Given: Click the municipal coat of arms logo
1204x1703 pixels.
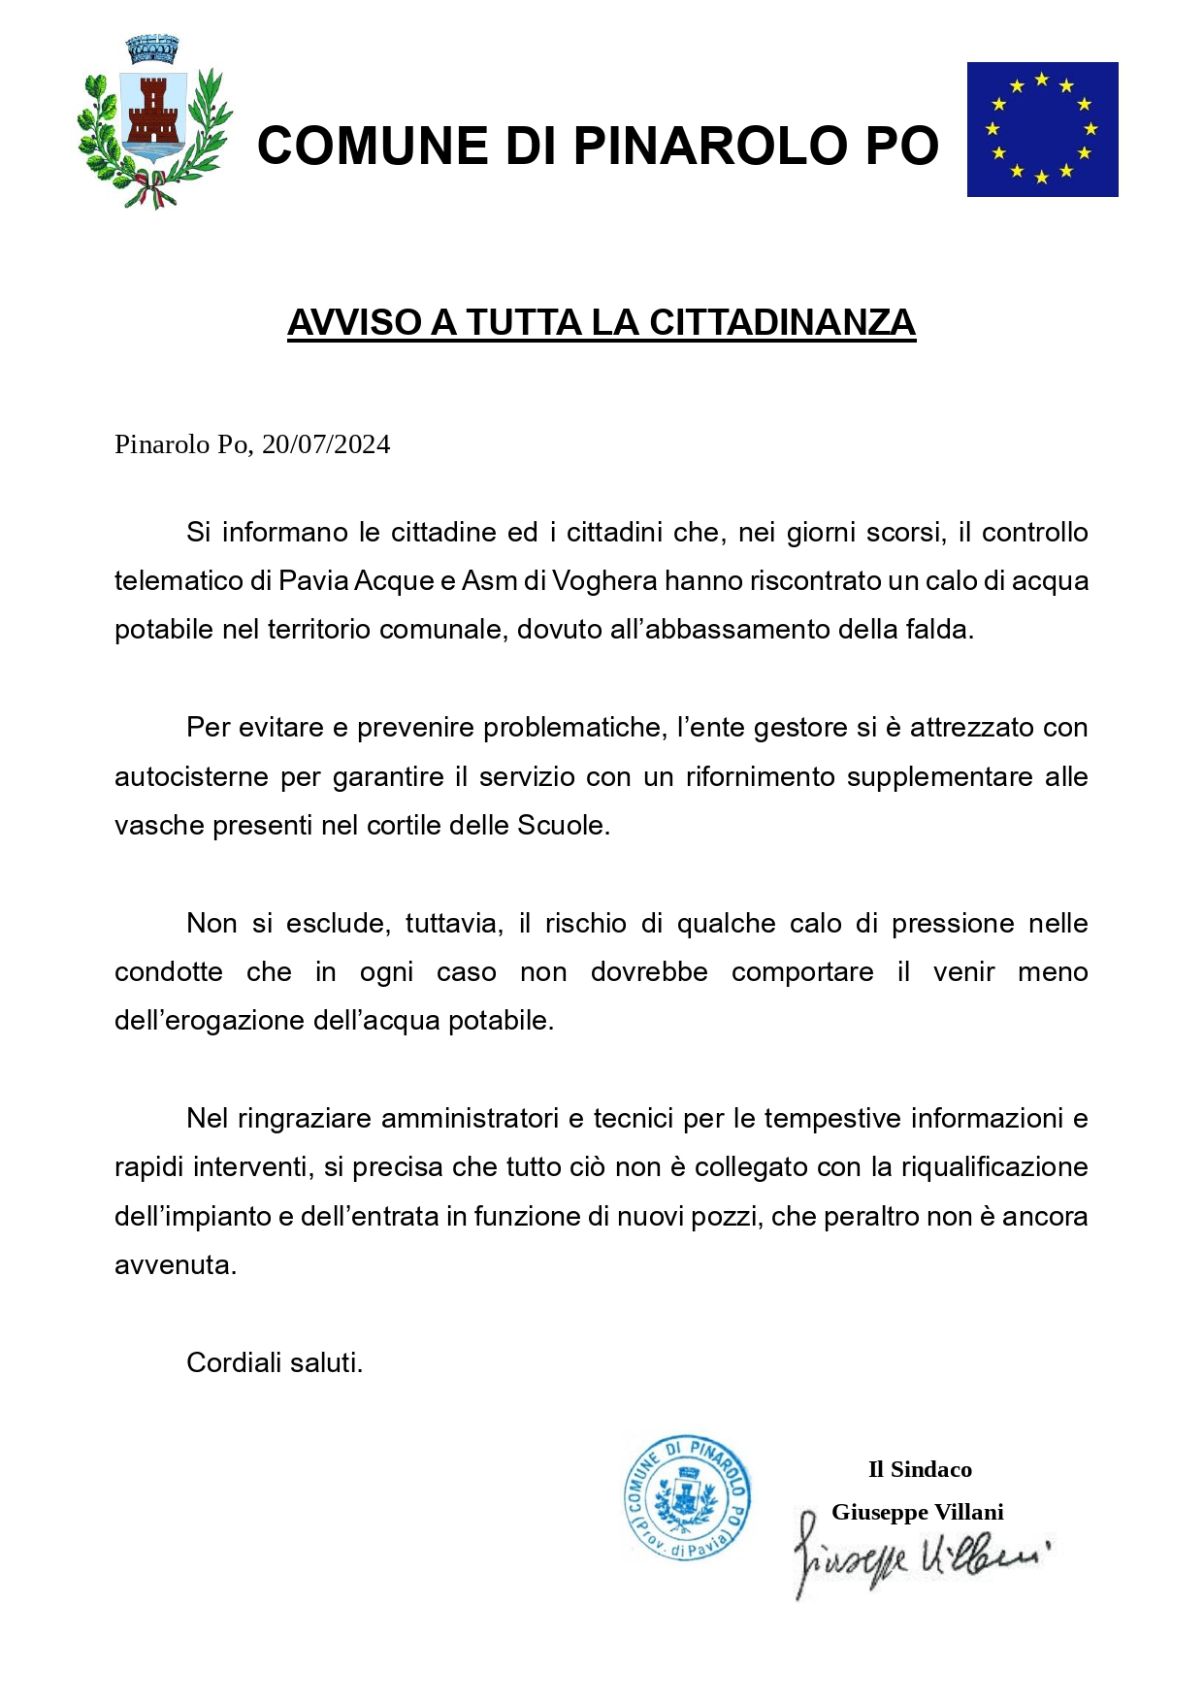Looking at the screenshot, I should pyautogui.click(x=154, y=123).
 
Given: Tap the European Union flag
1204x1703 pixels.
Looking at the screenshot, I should pyautogui.click(x=1042, y=129).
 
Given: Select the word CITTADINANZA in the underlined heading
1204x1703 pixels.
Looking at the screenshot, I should pyautogui.click(x=782, y=323).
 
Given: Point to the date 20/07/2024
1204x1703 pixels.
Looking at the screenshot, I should pyautogui.click(x=326, y=444).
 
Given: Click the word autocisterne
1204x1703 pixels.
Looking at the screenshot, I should pyautogui.click(x=191, y=776).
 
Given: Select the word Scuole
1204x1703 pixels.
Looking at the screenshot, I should pyautogui.click(x=564, y=826).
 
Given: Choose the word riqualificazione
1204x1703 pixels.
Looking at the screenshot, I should pyautogui.click(x=994, y=1166).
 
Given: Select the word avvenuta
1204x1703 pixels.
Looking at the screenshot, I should pyautogui.click(x=176, y=1265).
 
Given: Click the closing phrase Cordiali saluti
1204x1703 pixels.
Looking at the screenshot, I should pyautogui.click(x=275, y=1362).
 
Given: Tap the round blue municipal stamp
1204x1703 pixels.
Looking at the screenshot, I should pyautogui.click(x=687, y=1498).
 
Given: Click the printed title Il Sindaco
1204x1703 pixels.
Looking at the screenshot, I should pyautogui.click(x=920, y=1469).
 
